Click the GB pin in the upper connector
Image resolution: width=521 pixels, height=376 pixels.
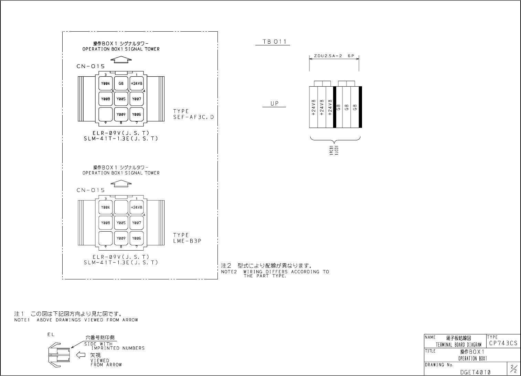[x=121, y=83]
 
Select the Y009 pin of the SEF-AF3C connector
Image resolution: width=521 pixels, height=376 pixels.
[x=121, y=114]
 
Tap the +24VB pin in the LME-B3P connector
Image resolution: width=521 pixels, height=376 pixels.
[x=137, y=207]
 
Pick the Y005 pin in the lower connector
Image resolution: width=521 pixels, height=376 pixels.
[x=121, y=223]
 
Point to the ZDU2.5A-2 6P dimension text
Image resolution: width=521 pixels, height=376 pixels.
[x=334, y=56]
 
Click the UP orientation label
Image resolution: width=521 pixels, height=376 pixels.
[x=274, y=103]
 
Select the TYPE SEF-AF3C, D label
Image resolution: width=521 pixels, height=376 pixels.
[x=193, y=114]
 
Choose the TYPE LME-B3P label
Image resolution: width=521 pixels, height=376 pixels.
[x=187, y=238]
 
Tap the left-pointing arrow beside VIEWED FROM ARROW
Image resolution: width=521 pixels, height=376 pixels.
[x=80, y=355]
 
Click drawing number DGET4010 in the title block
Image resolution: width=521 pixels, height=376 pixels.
[x=475, y=372]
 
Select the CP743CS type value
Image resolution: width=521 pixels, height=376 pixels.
[x=503, y=343]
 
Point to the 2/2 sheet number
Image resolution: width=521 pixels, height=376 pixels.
[x=513, y=369]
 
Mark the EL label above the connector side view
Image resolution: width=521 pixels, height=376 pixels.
[x=51, y=334]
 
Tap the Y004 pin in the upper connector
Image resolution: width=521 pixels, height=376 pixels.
[x=105, y=83]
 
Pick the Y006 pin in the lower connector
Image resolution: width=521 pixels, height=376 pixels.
[x=137, y=238]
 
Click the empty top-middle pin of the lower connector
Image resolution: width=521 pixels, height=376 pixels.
[x=121, y=207]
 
